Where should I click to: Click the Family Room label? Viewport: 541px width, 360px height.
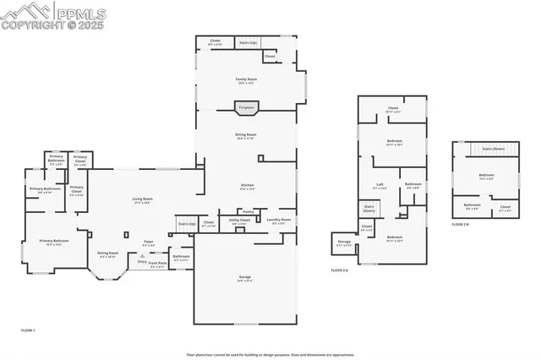pyautogui.click(x=246, y=79)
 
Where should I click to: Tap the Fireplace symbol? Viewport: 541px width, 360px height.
pyautogui.click(x=247, y=108)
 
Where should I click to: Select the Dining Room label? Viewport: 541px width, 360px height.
pyautogui.click(x=246, y=135)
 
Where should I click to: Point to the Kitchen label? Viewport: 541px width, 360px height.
pyautogui.click(x=246, y=187)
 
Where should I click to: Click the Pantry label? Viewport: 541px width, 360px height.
pyautogui.click(x=249, y=211)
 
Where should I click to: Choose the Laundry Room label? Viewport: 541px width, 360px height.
pyautogui.click(x=279, y=221)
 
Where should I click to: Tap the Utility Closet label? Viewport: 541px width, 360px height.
pyautogui.click(x=240, y=221)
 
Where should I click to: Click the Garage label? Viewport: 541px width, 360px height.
pyautogui.click(x=246, y=278)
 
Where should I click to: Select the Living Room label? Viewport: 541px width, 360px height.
pyautogui.click(x=142, y=200)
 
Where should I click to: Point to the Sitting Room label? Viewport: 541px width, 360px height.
pyautogui.click(x=107, y=254)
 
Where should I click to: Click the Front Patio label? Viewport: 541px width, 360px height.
pyautogui.click(x=158, y=263)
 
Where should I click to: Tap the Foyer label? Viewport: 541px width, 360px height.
pyautogui.click(x=148, y=242)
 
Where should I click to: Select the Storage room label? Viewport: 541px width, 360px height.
pyautogui.click(x=344, y=242)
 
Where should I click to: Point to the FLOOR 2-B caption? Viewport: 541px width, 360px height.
pyautogui.click(x=461, y=224)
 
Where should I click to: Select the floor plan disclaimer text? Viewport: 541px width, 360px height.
pyautogui.click(x=270, y=354)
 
